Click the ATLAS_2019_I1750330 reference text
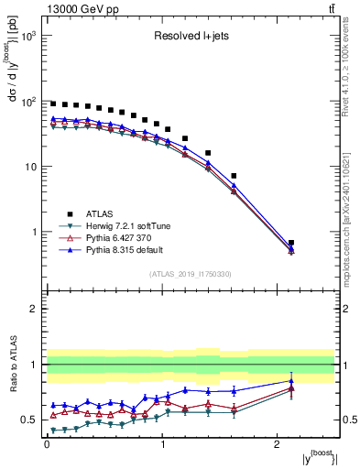[x=190, y=274]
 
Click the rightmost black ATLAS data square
[x=291, y=243]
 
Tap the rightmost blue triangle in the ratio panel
[x=291, y=381]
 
